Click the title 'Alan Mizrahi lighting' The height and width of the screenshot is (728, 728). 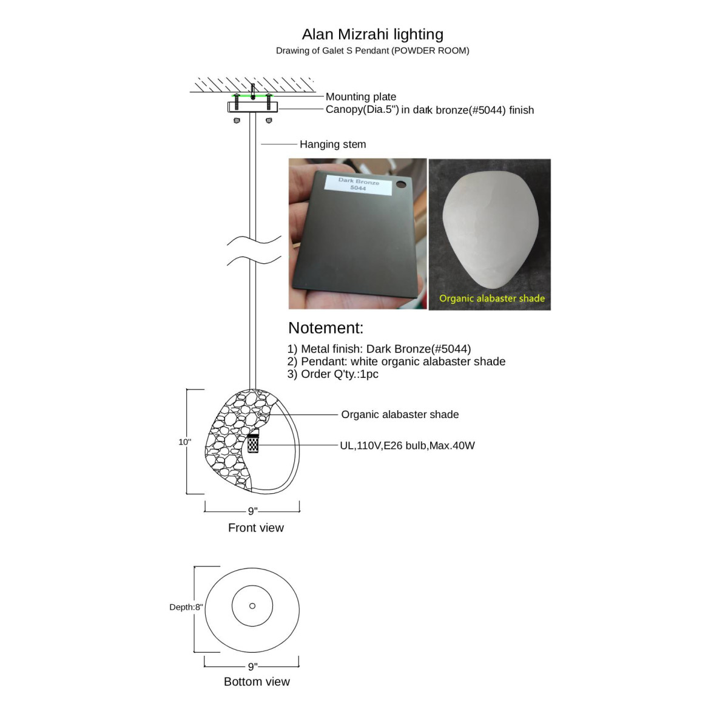coord(372,35)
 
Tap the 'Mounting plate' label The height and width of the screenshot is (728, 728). coord(361,96)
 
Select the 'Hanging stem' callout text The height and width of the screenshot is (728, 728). coord(332,144)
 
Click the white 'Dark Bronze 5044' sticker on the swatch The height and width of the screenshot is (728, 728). coord(358,185)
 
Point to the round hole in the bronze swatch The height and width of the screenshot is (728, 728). coord(400,184)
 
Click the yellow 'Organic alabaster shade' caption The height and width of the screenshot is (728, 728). coord(491,298)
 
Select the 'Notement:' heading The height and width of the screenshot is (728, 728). coord(325,328)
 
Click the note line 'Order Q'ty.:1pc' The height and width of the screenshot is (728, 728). coord(332,374)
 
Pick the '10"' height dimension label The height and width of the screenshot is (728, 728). coord(185,442)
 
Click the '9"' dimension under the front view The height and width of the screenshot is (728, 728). coord(252,511)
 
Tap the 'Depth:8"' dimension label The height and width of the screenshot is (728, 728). coord(186,607)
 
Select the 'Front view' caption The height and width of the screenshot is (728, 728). coord(256,527)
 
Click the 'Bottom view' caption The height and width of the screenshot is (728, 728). coord(257,681)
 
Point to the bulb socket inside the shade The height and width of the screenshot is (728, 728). coord(253,442)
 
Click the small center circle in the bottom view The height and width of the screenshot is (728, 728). coord(252,605)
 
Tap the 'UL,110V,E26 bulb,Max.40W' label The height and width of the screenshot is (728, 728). coord(407,445)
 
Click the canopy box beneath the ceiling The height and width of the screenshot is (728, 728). coord(252,107)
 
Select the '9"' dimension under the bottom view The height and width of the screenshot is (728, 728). coord(252,666)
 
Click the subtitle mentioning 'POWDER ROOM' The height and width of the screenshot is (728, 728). coord(372,50)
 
